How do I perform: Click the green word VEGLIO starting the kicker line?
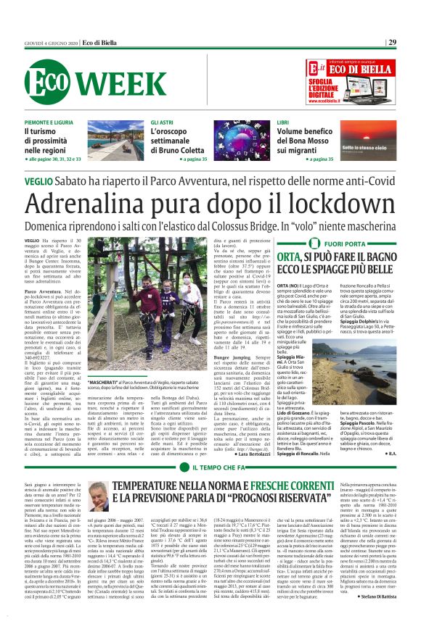pyautogui.click(x=38, y=179)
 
